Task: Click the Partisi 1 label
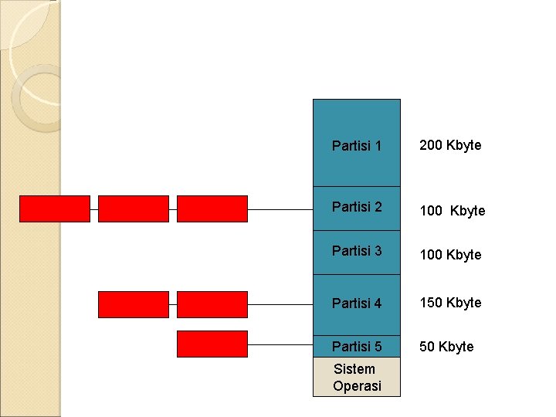point(357,145)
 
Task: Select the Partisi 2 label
point(357,207)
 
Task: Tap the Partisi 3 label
point(357,251)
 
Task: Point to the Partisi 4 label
point(357,303)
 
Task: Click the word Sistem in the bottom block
point(354,369)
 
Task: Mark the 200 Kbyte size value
point(450,145)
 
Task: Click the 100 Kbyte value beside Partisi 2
point(453,211)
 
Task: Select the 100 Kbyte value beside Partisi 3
point(450,255)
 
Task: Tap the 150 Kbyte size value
point(450,303)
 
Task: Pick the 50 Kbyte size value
point(446,347)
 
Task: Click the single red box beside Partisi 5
point(212,344)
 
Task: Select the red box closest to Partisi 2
point(212,208)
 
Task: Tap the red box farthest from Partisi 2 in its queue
point(54,208)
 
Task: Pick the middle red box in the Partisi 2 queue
point(134,208)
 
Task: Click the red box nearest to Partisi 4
point(212,304)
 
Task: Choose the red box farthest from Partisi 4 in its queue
point(134,304)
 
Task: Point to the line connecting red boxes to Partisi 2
point(280,209)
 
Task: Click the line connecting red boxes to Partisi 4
point(280,304)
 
